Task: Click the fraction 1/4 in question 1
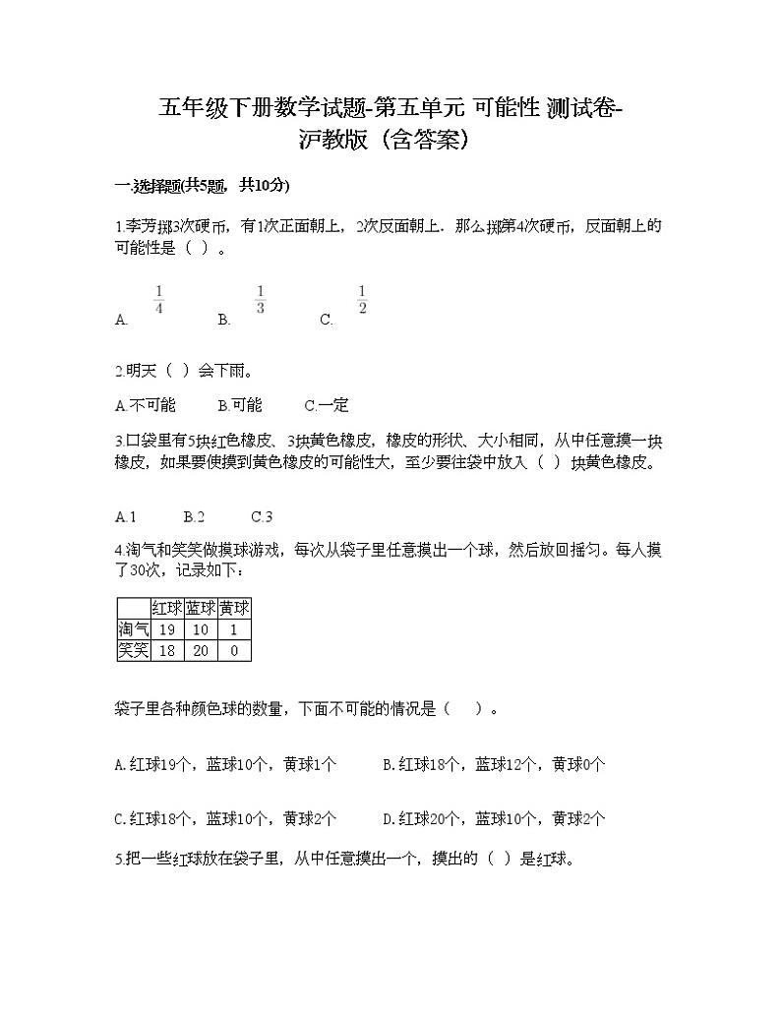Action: [159, 299]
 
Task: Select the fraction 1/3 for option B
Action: [261, 299]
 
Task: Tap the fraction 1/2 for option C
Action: [362, 299]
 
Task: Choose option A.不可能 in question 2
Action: [145, 405]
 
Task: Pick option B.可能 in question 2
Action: [241, 405]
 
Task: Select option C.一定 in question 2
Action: [327, 405]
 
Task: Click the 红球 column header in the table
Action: [166, 608]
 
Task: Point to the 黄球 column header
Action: [234, 608]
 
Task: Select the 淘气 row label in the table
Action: [133, 629]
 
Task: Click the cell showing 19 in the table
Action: [166, 629]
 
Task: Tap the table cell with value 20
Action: [201, 650]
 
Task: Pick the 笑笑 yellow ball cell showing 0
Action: [234, 650]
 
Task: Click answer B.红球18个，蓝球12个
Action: [494, 763]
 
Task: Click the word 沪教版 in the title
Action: [335, 141]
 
